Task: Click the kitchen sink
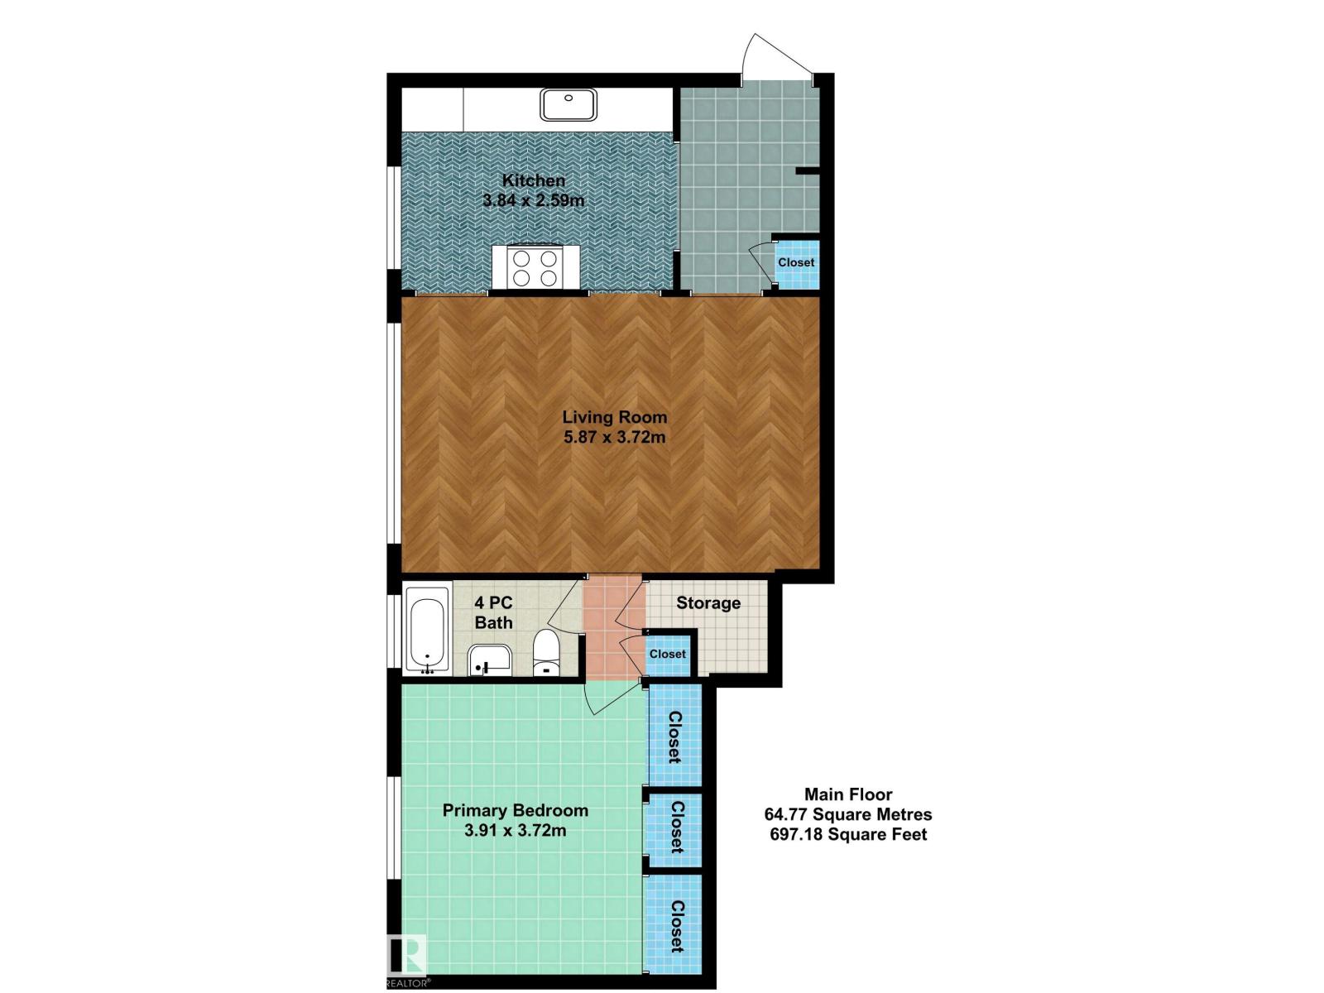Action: [568, 104]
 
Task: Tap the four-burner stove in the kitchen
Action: [535, 267]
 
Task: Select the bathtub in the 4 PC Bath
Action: [427, 630]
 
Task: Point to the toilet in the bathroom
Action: [546, 652]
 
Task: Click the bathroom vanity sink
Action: [490, 660]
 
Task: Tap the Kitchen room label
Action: [533, 180]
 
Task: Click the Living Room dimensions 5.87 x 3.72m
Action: [614, 437]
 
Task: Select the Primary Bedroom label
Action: [516, 810]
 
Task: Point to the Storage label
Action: [708, 603]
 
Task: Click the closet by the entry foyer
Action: [795, 263]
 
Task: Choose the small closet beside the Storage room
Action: [667, 655]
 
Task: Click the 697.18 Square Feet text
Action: [848, 834]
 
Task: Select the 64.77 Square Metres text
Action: [848, 814]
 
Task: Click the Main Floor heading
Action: [848, 794]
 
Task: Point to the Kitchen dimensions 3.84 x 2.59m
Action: [533, 200]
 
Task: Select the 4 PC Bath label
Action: [493, 612]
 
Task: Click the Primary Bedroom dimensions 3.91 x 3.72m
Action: [516, 831]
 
